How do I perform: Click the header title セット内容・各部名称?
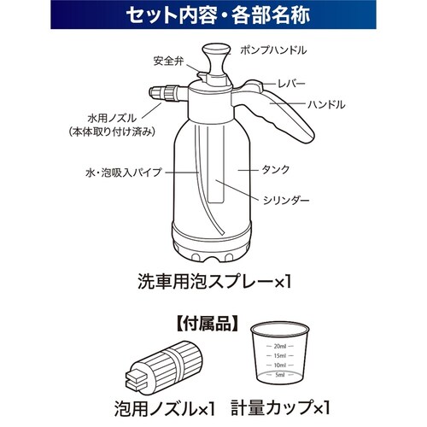point(218,15)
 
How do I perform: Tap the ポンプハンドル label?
point(273,50)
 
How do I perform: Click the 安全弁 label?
point(169,61)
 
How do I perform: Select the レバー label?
point(291,84)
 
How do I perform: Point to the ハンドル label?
point(326,104)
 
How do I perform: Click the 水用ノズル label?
point(112,118)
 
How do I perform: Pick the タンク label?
point(275,170)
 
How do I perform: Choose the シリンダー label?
point(286,201)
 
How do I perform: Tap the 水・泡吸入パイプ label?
point(124,173)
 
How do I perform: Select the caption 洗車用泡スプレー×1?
point(215,282)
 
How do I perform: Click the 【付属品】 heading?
point(207,325)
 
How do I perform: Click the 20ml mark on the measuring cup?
point(280,346)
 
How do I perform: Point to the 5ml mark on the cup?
point(280,375)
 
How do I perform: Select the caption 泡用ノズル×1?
point(164,408)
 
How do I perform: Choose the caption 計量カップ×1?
point(280,407)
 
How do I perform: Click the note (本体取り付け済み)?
point(112,132)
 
